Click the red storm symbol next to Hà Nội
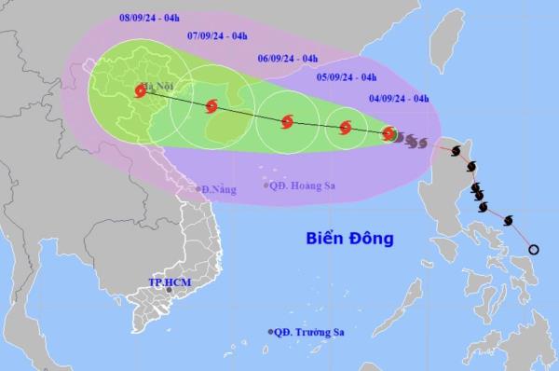pyautogui.click(x=140, y=90)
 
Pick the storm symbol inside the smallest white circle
pyautogui.click(x=345, y=128)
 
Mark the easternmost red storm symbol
pyautogui.click(x=389, y=133)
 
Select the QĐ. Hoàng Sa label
pyautogui.click(x=304, y=185)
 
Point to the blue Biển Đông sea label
pyautogui.click(x=349, y=239)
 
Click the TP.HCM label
pyautogui.click(x=169, y=282)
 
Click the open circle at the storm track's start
pyautogui.click(x=534, y=249)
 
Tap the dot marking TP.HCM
pyautogui.click(x=170, y=291)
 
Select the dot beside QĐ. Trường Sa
pyautogui.click(x=271, y=332)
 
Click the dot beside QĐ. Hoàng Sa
pyautogui.click(x=266, y=185)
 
